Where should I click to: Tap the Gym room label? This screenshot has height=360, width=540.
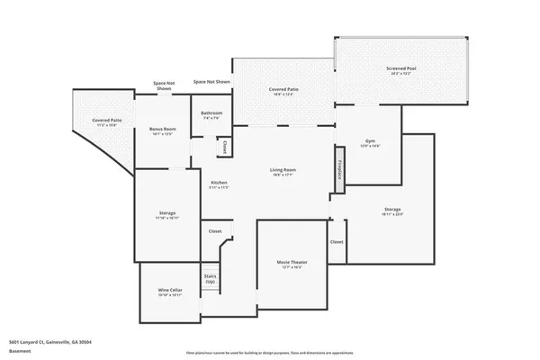pyautogui.click(x=370, y=144)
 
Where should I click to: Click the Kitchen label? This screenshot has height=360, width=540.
pyautogui.click(x=220, y=184)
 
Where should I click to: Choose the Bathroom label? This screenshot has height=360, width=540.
pyautogui.click(x=212, y=115)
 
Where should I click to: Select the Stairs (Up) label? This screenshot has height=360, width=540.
pyautogui.click(x=211, y=279)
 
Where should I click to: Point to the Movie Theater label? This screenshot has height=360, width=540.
pyautogui.click(x=289, y=265)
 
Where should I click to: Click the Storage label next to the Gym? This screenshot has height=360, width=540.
pyautogui.click(x=392, y=211)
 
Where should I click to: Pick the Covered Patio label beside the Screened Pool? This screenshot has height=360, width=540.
pyautogui.click(x=283, y=93)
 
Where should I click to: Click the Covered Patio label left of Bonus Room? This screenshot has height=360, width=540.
pyautogui.click(x=107, y=122)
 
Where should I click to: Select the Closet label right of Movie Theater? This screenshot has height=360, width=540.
pyautogui.click(x=337, y=242)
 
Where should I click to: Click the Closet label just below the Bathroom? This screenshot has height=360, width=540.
pyautogui.click(x=223, y=146)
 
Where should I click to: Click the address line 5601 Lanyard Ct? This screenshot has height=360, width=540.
pyautogui.click(x=50, y=342)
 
